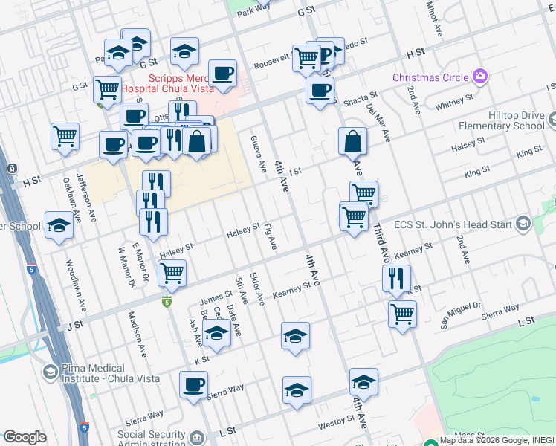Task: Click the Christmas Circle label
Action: pos(430,77)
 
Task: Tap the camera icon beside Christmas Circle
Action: pos(480,76)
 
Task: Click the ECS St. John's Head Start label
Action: pos(462,223)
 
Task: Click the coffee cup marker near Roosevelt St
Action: pos(222,73)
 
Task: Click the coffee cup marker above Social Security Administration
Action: pos(193,385)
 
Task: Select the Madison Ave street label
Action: pos(136,326)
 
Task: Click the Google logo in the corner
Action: pos(25,437)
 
